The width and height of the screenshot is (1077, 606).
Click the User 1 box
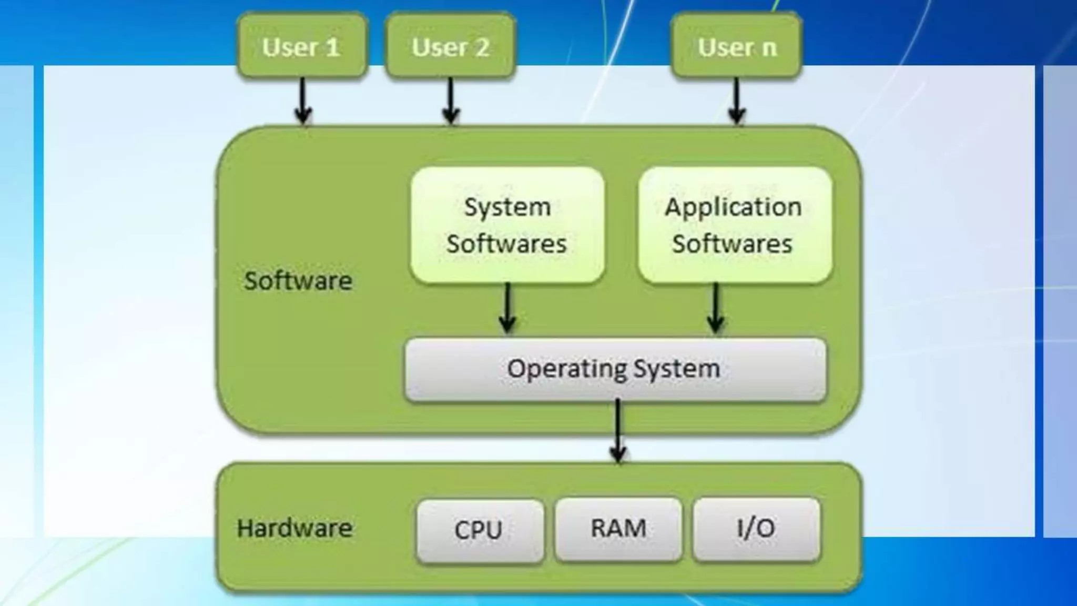point(301,47)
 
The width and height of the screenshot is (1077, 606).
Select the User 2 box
point(450,47)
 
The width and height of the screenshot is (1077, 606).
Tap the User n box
point(736,47)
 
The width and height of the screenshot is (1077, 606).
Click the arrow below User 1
point(302,100)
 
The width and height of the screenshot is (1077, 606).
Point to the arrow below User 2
point(451,100)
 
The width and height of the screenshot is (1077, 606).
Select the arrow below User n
point(736,100)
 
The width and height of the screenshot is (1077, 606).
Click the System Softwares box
point(507,225)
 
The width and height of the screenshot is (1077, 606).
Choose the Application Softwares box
point(735,225)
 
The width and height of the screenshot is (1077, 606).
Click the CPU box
point(479,530)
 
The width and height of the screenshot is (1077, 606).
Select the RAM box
point(618,529)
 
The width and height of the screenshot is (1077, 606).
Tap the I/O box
point(756,529)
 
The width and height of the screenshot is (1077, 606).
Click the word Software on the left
point(298,281)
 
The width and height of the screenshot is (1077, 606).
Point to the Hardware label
point(294,528)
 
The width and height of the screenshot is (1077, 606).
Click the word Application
point(733,207)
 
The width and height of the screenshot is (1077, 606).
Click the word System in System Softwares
point(507,207)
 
